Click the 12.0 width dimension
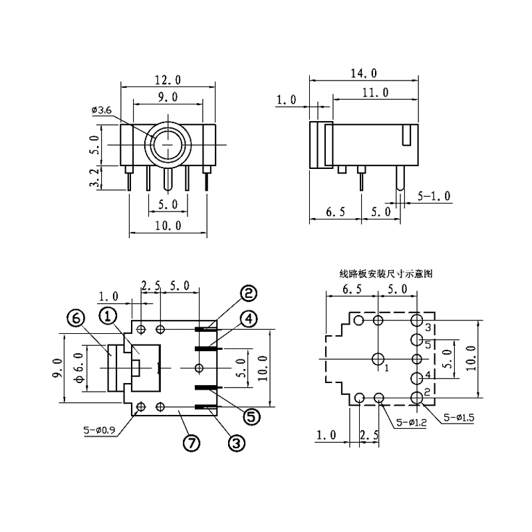[x=168, y=80]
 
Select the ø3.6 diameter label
[x=100, y=110]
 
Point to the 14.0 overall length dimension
[x=364, y=73]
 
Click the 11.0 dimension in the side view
[x=375, y=92]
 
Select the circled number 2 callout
[x=249, y=293]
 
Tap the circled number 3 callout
[x=237, y=442]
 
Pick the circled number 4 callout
[x=249, y=319]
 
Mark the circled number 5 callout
[x=251, y=416]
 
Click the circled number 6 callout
[x=76, y=320]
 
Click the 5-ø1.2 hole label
[x=411, y=422]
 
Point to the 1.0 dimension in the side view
[x=287, y=101]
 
